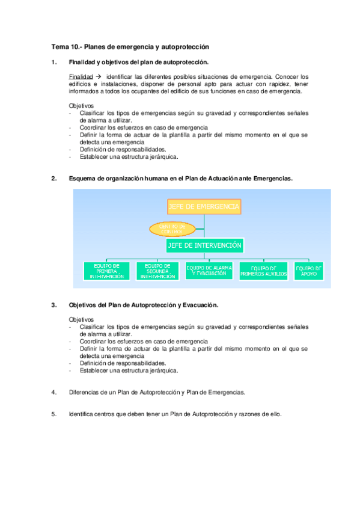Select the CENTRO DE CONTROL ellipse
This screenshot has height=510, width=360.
[x=173, y=229]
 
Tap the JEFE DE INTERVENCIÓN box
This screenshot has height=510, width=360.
[x=204, y=245]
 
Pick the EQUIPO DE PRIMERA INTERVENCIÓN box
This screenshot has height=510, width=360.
[x=107, y=271]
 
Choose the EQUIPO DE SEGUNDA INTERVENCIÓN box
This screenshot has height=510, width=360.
[x=158, y=271]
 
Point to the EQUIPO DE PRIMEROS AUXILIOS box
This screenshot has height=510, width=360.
[x=263, y=271]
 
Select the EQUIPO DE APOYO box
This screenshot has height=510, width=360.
[x=309, y=271]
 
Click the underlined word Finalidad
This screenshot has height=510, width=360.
[x=81, y=77]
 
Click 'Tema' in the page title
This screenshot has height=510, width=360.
[x=59, y=47]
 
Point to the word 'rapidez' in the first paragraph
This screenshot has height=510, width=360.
[x=264, y=84]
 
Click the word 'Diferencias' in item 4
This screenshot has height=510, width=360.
[x=85, y=392]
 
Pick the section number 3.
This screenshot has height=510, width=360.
[x=53, y=305]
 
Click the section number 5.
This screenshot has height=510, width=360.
[x=53, y=414]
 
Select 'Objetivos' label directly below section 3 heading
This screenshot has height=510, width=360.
[x=81, y=319]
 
